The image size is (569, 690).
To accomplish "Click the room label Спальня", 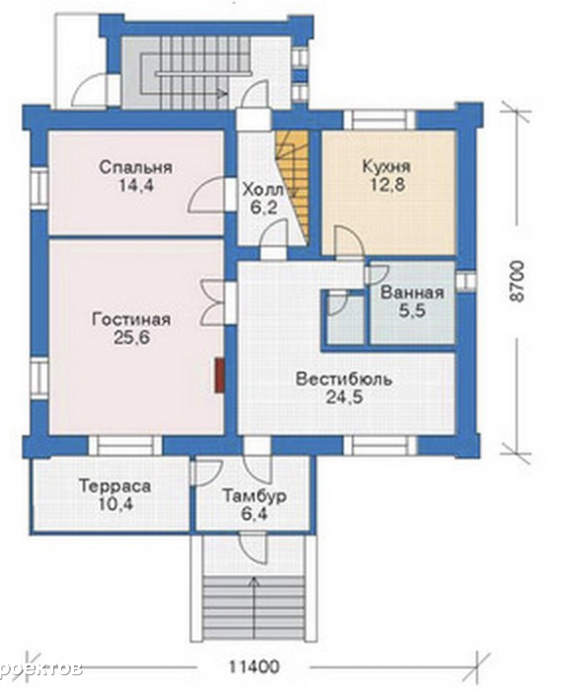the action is [135, 168].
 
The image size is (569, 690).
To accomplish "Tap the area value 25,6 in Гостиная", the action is [132, 338].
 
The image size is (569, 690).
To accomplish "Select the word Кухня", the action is [386, 167].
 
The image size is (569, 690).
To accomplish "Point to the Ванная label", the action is [412, 293].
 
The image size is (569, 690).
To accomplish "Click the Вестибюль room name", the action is [344, 379].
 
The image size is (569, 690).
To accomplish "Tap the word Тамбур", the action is [255, 496].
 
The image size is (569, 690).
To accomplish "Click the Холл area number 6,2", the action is [264, 208].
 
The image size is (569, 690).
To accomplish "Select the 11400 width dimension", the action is [254, 666].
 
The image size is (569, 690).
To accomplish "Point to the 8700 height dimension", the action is [518, 281].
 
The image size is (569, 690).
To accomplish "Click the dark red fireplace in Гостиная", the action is [219, 375].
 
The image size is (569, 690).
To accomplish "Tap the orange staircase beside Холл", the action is [291, 186].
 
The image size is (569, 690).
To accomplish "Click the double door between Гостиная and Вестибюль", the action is [214, 302].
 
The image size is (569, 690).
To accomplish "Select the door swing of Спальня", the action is [206, 194].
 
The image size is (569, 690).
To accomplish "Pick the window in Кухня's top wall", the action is [379, 121].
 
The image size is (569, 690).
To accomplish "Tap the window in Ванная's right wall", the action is [465, 281].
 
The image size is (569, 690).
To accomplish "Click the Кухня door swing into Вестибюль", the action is [349, 240].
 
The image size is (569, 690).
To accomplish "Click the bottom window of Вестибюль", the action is [380, 445].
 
